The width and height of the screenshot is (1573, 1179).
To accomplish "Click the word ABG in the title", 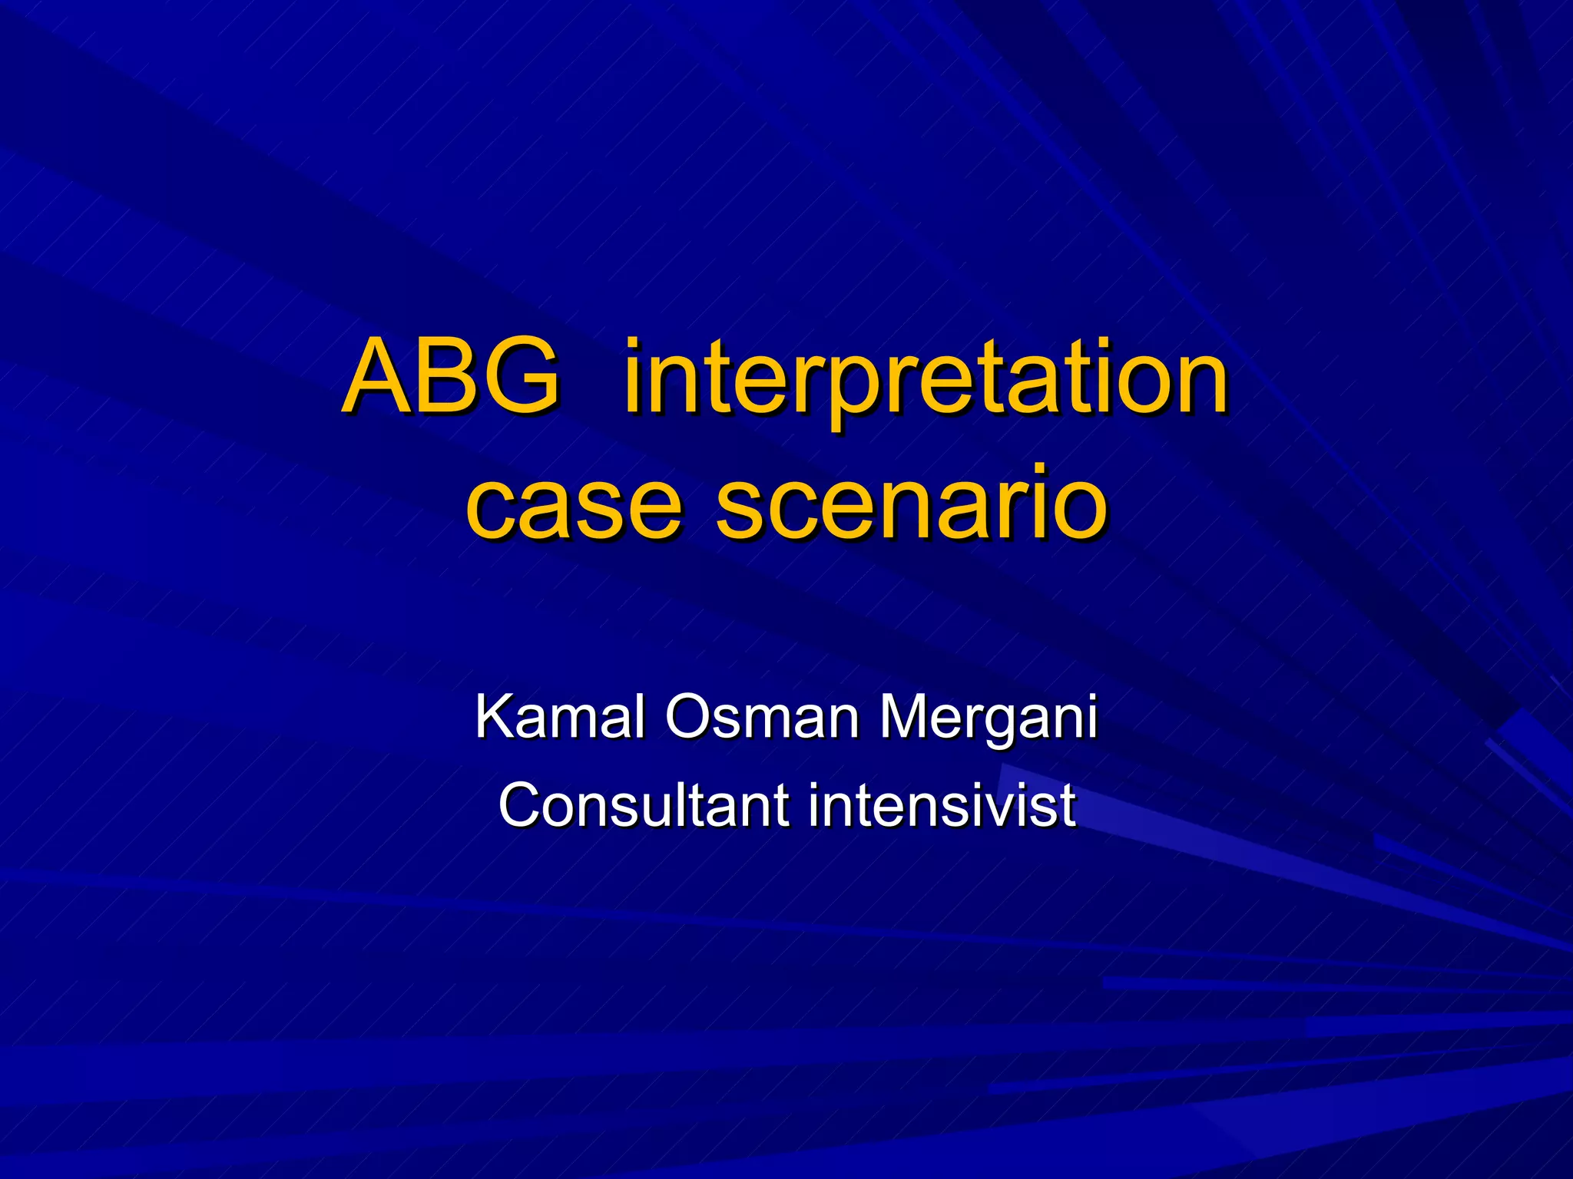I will pos(452,376).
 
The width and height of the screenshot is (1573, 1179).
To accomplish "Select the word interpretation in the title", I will pos(926,380).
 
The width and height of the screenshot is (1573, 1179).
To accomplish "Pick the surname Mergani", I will pos(988,718).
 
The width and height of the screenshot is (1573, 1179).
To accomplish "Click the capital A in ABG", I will pos(377,376).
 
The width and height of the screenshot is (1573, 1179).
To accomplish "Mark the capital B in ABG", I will pos(449,376).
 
